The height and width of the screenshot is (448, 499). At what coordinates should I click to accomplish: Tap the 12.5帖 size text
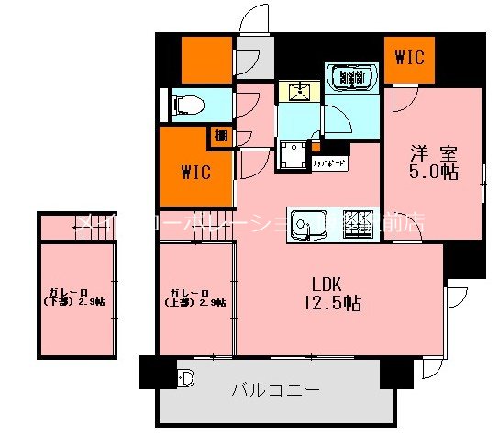(327, 304)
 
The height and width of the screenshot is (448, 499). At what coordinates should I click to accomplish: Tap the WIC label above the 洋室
(409, 58)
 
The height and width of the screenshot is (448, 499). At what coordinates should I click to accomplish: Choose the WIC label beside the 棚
(195, 172)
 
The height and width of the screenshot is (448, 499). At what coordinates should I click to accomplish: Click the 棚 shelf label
(222, 137)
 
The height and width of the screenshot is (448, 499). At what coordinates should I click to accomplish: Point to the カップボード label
(328, 162)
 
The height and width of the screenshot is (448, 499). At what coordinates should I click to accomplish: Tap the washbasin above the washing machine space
(300, 90)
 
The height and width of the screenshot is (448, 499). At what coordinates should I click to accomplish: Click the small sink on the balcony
(186, 377)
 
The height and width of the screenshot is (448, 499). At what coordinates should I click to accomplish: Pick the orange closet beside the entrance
(206, 60)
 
